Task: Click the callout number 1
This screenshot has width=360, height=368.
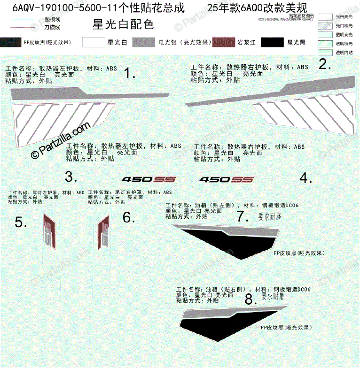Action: [129, 73]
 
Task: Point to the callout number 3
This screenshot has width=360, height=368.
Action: [70, 177]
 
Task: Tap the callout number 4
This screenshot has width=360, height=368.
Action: [306, 178]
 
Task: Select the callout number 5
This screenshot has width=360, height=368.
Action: [21, 222]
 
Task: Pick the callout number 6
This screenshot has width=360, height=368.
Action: [129, 218]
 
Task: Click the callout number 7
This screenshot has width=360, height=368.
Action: [243, 216]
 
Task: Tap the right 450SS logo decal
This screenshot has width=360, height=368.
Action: [226, 180]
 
